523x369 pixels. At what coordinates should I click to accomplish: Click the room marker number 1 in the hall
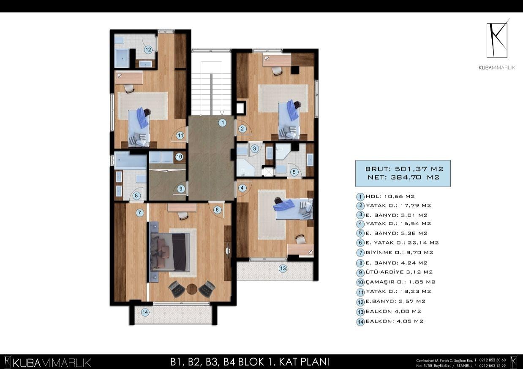coord(223,123)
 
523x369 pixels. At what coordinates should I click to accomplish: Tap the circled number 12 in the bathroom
coord(148,49)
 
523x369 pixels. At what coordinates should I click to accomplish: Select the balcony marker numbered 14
coord(145,312)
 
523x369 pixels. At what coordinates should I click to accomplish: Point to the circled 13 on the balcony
coord(283,268)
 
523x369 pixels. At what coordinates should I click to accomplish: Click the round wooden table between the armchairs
coord(192,289)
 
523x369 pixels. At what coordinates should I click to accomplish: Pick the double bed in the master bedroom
coord(170,252)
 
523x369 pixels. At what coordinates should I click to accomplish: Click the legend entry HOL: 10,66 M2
coord(390,197)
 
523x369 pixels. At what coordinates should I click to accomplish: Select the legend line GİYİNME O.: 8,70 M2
coord(399,253)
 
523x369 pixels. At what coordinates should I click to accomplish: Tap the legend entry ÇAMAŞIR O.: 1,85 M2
coord(400,282)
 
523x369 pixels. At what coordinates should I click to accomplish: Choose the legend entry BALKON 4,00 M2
coord(393,311)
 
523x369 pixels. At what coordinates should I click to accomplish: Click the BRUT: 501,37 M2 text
coord(404,169)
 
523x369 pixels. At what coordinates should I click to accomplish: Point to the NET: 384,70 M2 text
coord(403,178)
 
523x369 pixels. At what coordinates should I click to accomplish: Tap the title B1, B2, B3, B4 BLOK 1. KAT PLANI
coord(250,362)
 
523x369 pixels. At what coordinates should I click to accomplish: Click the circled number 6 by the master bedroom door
coord(217,210)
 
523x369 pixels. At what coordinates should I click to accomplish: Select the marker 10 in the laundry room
coord(179,156)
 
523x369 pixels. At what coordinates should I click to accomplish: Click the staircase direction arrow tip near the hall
coord(222,115)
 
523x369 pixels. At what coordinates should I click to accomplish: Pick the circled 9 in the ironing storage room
coord(181,189)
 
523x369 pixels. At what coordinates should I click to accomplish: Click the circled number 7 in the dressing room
coord(140,213)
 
